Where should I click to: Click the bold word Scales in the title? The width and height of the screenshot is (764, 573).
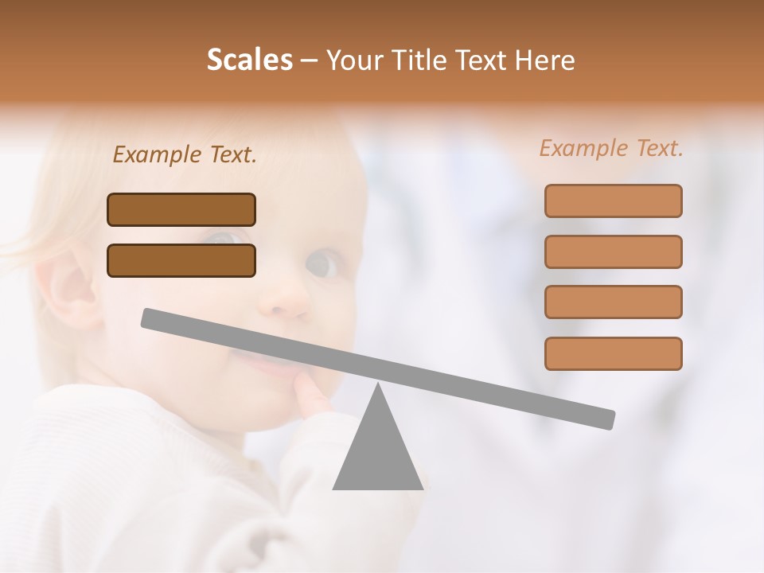click(249, 60)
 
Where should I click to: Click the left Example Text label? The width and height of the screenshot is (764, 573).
click(185, 155)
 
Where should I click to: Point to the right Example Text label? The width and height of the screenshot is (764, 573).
click(611, 148)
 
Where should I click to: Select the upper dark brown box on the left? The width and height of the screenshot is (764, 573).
click(181, 209)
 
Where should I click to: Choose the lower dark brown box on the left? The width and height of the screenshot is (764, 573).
click(181, 260)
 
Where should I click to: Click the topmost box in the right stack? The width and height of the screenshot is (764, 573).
click(613, 201)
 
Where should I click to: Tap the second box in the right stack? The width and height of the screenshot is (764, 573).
click(613, 251)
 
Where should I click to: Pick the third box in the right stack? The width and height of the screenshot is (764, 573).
click(613, 302)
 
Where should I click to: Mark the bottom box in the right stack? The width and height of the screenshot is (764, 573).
click(613, 353)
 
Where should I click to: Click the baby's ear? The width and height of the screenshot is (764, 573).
click(68, 286)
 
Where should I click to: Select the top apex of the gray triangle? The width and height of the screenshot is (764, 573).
click(378, 386)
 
